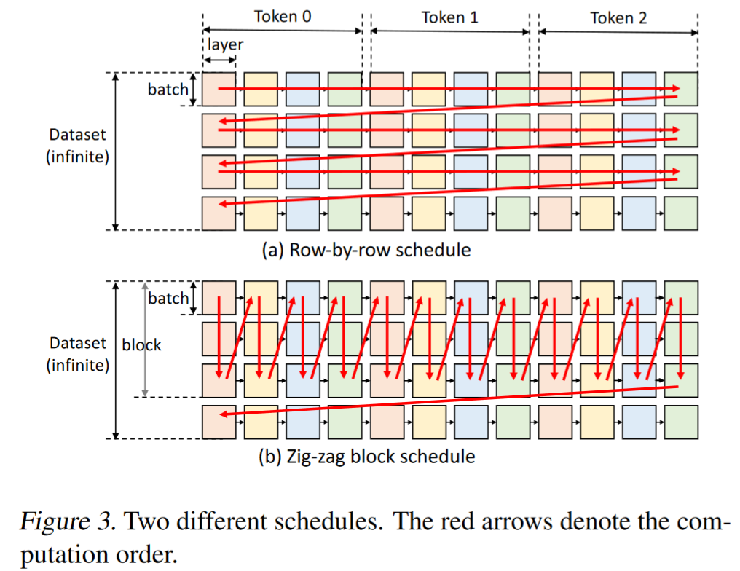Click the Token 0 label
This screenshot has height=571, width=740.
(283, 17)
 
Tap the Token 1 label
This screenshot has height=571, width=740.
(450, 17)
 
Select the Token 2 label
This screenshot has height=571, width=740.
(618, 18)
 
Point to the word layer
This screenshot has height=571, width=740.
(226, 44)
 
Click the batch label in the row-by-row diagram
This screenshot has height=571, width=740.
(168, 89)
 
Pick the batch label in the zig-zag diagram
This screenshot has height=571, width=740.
(168, 298)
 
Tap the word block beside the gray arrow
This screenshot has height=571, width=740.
(141, 345)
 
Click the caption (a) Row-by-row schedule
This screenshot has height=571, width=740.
(366, 250)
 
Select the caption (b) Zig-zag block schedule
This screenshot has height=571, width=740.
(366, 457)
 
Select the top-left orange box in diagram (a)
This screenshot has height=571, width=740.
(219, 89)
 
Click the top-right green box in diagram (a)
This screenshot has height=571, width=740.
(680, 89)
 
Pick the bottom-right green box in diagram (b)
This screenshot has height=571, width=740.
(680, 422)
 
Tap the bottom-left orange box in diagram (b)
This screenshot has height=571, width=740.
(219, 422)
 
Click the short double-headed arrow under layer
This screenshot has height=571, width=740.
(219, 60)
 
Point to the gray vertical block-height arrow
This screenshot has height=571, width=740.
(145, 339)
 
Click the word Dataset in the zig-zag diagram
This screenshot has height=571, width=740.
(78, 343)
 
